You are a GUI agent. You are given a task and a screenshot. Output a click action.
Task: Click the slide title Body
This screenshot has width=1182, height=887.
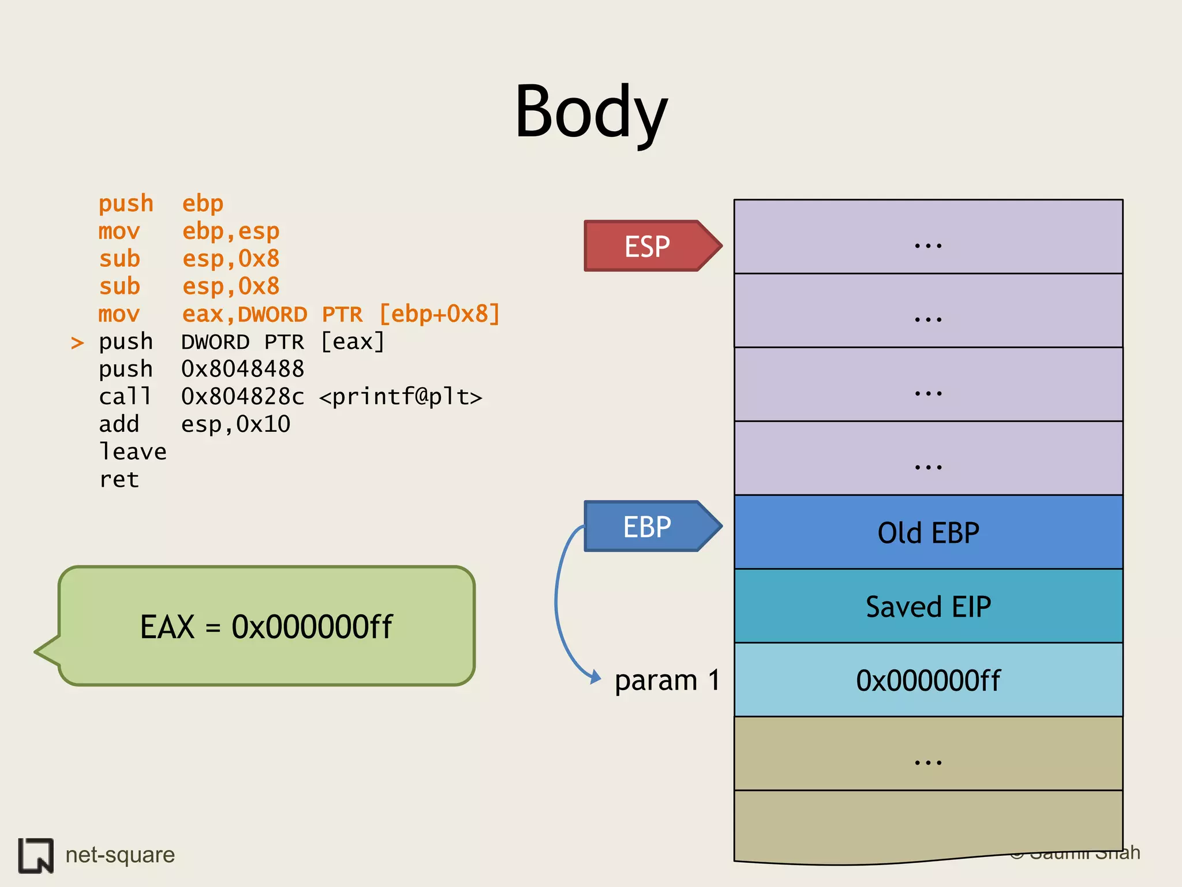590,113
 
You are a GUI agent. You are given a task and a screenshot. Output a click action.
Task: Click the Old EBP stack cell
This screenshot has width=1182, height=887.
928,532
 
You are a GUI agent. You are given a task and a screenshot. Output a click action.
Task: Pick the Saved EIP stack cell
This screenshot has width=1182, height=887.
928,606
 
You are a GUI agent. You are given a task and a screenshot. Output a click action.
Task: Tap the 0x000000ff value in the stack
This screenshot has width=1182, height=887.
928,680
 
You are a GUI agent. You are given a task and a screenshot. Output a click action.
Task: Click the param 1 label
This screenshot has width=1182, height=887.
667,680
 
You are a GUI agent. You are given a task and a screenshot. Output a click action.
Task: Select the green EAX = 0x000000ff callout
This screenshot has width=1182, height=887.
266,627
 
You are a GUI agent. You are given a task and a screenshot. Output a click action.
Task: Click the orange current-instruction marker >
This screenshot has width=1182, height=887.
77,343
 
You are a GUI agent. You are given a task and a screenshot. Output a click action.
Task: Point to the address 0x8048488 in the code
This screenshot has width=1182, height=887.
242,369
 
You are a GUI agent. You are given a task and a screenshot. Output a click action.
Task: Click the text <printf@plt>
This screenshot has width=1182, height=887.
401,397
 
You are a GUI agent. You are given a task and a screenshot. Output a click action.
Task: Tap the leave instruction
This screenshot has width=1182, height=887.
133,452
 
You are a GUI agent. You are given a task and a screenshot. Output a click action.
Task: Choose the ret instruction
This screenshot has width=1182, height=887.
119,479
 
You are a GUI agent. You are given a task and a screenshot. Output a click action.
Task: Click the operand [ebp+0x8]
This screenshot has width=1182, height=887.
439,314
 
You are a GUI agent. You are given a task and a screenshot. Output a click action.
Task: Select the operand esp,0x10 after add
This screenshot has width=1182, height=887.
235,424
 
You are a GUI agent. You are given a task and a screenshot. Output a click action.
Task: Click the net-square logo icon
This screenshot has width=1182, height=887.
36,855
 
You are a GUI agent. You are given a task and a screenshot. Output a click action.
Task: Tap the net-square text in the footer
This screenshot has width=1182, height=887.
120,855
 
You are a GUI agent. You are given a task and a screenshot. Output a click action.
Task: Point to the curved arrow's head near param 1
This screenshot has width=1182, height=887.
596,677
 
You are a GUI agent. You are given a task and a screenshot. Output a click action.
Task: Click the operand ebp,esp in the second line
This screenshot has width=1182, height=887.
231,232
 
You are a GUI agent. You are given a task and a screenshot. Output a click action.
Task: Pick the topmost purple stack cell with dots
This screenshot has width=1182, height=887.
928,237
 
